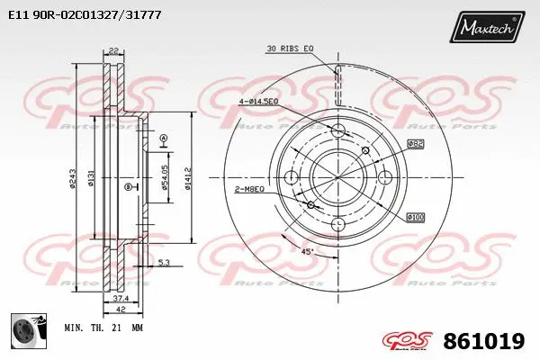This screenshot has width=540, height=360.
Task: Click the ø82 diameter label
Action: (415, 144)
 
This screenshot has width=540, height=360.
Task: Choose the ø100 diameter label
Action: (415, 217)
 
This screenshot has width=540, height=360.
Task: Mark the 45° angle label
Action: (306, 251)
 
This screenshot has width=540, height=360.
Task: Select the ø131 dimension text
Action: (91, 180)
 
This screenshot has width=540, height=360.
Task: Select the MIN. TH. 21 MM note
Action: (103, 329)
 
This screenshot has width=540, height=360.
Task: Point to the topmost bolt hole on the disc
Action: (338, 131)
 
